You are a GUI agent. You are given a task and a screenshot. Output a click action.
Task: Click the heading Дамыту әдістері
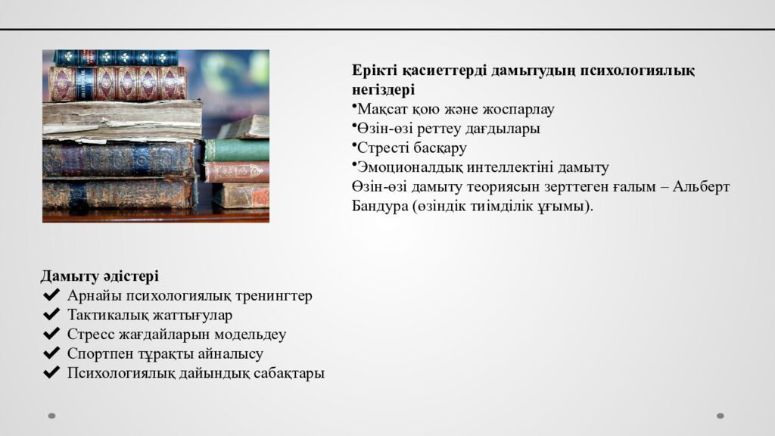[99, 276]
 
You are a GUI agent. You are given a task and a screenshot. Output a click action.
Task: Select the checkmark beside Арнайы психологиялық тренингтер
[51, 295]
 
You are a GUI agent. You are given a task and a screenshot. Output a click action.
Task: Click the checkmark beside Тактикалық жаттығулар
[51, 315]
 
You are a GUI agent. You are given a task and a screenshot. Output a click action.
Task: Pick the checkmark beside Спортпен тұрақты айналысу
[51, 353]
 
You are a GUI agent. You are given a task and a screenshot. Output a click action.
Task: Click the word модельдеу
[250, 335]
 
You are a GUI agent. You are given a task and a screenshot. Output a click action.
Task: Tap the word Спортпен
[95, 354]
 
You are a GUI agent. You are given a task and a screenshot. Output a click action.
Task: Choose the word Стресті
[381, 148]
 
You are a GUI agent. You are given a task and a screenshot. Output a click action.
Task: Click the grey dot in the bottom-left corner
[52, 416]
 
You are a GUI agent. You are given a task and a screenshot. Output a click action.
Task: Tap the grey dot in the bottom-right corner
[721, 416]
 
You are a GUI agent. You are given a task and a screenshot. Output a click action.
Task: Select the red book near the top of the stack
[117, 83]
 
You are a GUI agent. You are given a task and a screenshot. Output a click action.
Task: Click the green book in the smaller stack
[237, 150]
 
